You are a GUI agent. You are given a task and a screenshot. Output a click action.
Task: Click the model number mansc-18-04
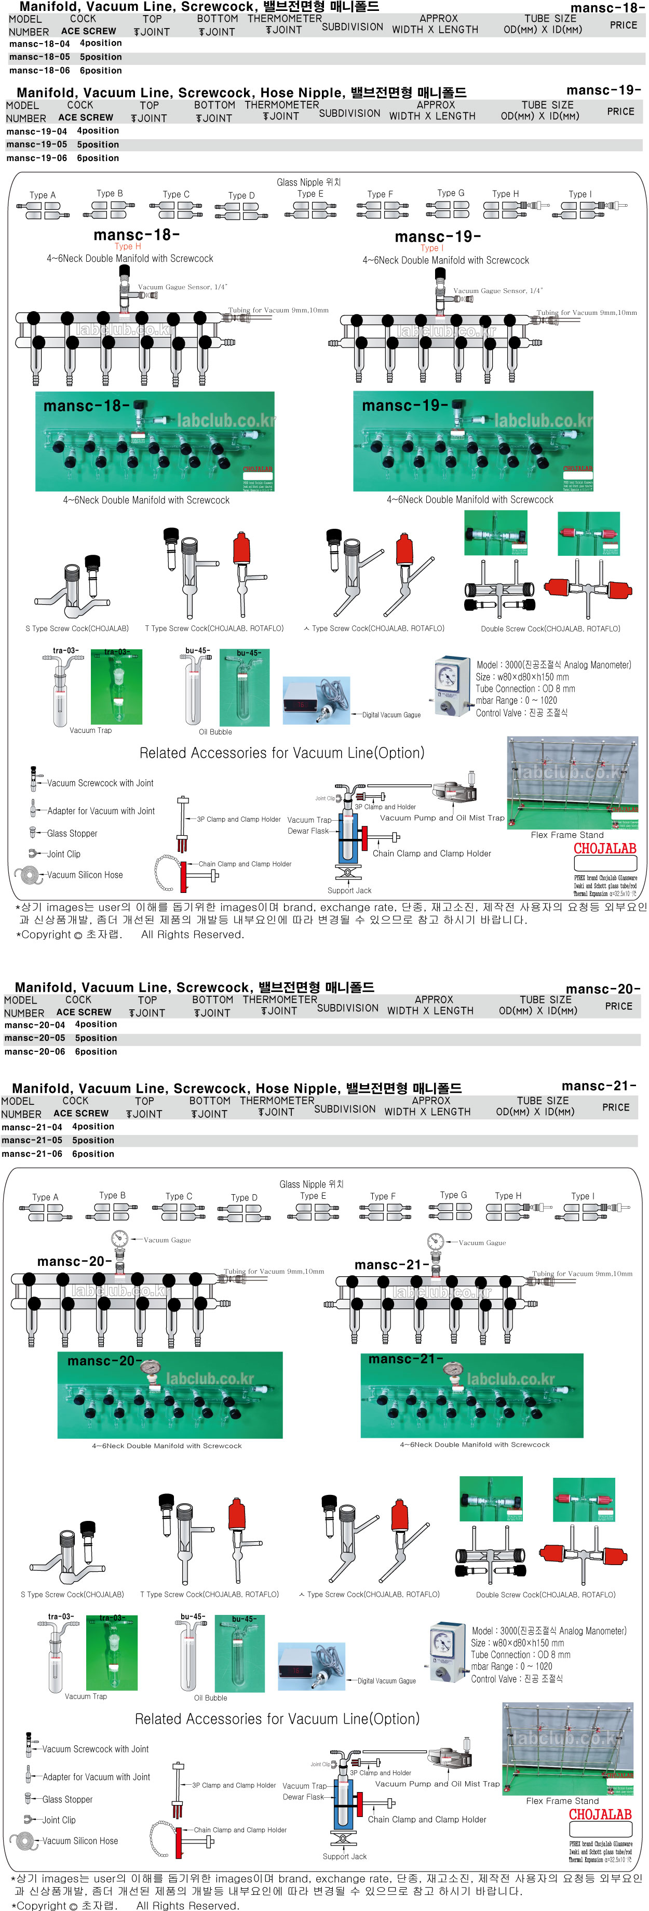pos(39,44)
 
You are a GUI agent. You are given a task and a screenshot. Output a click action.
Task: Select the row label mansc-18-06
pos(39,71)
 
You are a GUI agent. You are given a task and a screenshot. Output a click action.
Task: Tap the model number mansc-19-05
pos(36,144)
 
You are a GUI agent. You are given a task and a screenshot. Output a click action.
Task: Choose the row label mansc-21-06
pos(32,1154)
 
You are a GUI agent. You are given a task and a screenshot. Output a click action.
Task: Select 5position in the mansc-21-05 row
pos(93,1140)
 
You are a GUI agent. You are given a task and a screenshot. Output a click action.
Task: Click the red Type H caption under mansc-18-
pos(128,246)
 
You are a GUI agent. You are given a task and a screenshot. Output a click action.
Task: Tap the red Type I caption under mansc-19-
pos(431,248)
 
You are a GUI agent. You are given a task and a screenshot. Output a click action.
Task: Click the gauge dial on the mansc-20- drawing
pos(119,1238)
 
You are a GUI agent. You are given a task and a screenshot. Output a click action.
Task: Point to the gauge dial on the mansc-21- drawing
pos(436,1241)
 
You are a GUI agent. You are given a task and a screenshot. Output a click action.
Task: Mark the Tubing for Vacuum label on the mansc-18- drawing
pos(278,310)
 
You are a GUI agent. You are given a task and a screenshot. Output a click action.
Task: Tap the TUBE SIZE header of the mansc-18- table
pos(550,19)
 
